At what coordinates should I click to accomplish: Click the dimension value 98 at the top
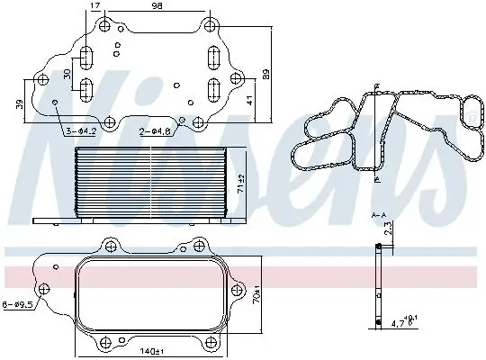tap(158, 7)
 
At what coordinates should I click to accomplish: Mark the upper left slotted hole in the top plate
tap(87, 59)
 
